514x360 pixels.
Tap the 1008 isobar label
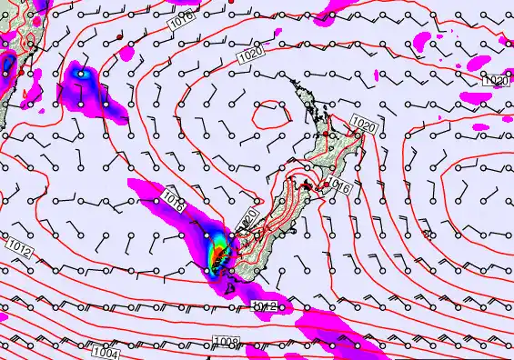(x=227, y=342)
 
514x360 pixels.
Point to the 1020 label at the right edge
(x=495, y=81)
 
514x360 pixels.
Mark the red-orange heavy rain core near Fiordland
(x=217, y=259)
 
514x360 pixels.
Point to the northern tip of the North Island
(x=293, y=81)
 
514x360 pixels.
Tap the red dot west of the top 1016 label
(x=119, y=35)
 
